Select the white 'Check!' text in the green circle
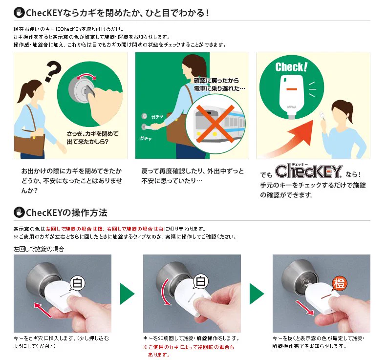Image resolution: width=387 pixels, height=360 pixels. pyautogui.click(x=291, y=67)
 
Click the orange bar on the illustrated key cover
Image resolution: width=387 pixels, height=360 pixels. pyautogui.click(x=292, y=89)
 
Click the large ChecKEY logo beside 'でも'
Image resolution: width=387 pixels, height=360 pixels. pyautogui.click(x=308, y=171)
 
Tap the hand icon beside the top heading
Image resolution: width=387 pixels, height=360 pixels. pyautogui.click(x=19, y=13)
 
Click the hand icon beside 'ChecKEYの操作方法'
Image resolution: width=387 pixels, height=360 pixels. pyautogui.click(x=19, y=212)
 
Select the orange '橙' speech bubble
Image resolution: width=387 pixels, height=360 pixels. pyautogui.click(x=339, y=284)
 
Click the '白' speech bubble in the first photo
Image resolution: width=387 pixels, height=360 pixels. pyautogui.click(x=77, y=283)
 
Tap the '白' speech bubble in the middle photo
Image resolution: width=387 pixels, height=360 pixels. pyautogui.click(x=200, y=281)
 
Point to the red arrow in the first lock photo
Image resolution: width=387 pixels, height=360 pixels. pyautogui.click(x=43, y=310)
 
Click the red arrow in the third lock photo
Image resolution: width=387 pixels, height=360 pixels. pyautogui.click(x=305, y=307)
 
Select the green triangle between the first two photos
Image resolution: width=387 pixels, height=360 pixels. pyautogui.click(x=127, y=294)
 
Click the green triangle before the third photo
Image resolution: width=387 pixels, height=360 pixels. pyautogui.click(x=257, y=294)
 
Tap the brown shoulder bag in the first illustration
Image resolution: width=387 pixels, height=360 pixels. pyautogui.click(x=29, y=145)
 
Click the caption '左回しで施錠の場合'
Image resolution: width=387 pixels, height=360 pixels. pyautogui.click(x=39, y=249)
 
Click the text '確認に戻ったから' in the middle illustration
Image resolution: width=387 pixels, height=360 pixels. pyautogui.click(x=216, y=81)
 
